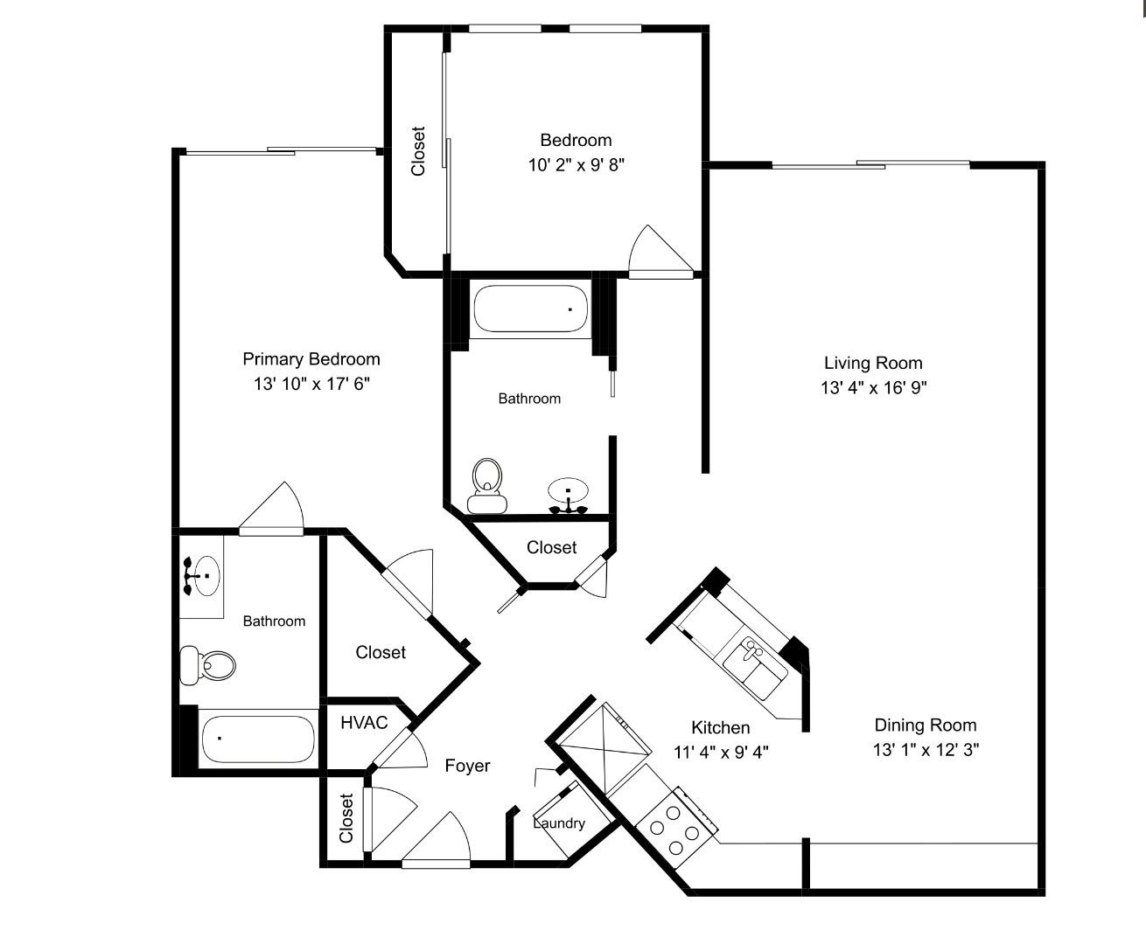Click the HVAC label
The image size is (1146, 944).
363,723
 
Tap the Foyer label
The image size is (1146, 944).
467,766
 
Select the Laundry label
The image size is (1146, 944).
559,823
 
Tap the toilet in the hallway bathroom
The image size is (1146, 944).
486,486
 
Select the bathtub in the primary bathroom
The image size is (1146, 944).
256,739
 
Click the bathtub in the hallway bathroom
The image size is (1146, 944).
530,309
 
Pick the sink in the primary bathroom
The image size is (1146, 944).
202,576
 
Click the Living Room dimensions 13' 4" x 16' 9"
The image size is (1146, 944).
873,388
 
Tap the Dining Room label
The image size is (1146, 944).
925,725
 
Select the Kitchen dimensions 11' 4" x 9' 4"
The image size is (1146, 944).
721,751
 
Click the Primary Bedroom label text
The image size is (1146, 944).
311,359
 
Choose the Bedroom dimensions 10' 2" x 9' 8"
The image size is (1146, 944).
576,164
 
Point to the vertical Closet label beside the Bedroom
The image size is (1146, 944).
418,151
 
